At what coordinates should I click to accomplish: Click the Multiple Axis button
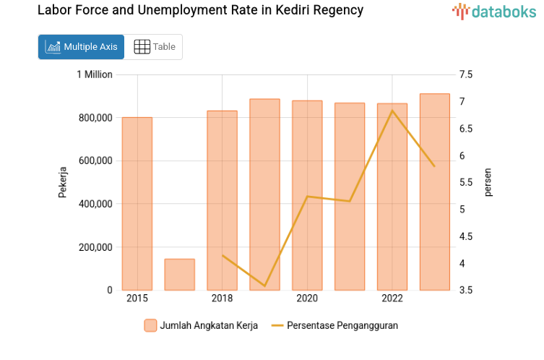81,47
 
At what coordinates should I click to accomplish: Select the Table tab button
154,47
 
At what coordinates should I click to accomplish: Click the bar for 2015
137,204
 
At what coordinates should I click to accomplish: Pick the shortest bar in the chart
180,275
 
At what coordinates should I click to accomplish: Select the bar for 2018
222,200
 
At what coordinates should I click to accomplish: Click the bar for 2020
307,195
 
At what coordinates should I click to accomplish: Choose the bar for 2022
392,197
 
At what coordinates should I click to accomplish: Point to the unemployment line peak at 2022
392,111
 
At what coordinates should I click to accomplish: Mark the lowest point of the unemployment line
264,286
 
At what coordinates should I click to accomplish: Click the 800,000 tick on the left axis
94,118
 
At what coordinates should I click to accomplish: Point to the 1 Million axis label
95,74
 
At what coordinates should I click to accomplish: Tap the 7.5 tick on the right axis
465,74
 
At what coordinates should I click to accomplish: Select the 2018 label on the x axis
222,299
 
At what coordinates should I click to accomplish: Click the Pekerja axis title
63,182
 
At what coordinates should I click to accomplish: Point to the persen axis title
488,182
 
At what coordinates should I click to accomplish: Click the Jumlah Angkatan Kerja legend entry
200,325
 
